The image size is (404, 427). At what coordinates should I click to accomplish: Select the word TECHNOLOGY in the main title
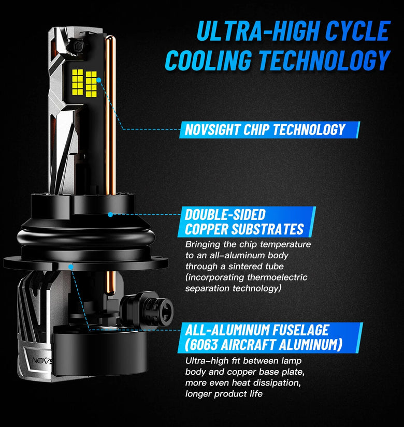(x=325, y=60)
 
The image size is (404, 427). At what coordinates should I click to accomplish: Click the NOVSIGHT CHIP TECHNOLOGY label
(x=265, y=129)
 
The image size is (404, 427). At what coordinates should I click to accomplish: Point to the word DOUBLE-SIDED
(x=225, y=215)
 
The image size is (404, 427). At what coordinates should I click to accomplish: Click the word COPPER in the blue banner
(x=206, y=229)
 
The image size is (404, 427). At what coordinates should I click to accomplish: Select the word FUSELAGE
(x=301, y=330)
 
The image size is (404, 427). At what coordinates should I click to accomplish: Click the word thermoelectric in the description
(x=277, y=277)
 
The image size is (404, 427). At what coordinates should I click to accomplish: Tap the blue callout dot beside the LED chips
(x=99, y=80)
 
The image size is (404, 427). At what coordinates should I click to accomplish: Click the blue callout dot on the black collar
(x=110, y=215)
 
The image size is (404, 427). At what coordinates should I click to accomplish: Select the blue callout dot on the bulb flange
(x=70, y=267)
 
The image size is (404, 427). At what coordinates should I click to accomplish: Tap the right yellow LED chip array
(x=91, y=84)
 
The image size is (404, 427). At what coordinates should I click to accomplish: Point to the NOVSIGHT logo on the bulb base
(x=42, y=361)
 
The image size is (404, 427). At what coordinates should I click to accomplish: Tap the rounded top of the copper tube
(x=111, y=39)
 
